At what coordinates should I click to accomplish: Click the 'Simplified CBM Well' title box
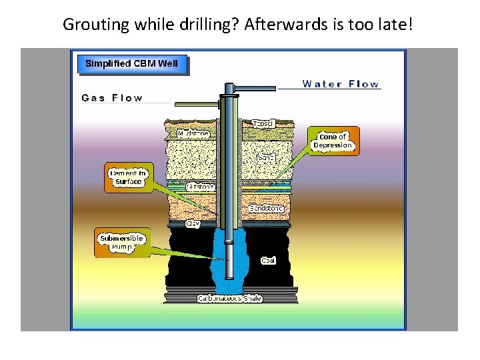tap(131, 64)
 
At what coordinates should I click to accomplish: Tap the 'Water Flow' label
tap(340, 84)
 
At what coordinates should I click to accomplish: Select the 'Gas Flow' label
tap(112, 98)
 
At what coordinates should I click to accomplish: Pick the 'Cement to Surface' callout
tap(129, 177)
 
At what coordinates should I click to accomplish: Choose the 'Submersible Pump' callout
tap(121, 242)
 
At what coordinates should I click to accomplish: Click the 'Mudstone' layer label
tap(193, 134)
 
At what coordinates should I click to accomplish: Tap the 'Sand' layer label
tap(267, 158)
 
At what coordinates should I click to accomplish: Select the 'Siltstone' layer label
tap(200, 187)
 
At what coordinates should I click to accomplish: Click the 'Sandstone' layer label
tap(266, 209)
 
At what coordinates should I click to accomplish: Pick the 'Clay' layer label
tap(193, 223)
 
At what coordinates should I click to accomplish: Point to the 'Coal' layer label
tap(268, 260)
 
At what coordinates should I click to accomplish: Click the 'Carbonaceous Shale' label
tap(229, 298)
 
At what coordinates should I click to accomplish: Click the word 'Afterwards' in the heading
tap(279, 25)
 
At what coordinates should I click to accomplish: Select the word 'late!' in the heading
tap(399, 25)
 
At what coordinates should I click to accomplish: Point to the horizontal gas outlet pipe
tap(197, 104)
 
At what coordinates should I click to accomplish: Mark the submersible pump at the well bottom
tap(229, 260)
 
